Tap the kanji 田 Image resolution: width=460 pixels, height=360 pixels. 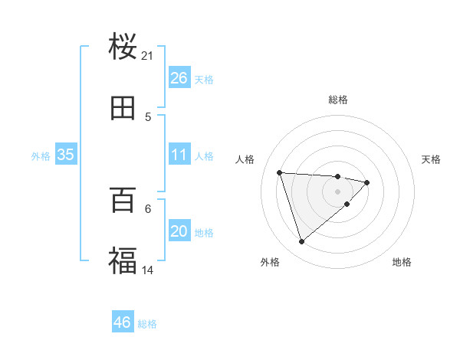pos(123,109)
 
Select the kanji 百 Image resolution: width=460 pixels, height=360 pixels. pos(123,201)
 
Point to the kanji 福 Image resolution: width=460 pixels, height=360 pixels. pos(123,261)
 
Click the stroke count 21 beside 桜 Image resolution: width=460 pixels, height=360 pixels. pos(148,56)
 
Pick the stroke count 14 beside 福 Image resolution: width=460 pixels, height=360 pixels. pos(148,270)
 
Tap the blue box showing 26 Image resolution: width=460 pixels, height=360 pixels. pos(179,78)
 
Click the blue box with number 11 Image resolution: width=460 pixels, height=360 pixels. pos(179,155)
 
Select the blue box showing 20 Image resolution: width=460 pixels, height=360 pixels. pos(179,231)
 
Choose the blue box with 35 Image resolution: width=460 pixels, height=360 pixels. pos(65,155)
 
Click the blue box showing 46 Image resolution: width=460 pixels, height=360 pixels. pos(122,322)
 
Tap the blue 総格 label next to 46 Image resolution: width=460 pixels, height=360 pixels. pos(147,324)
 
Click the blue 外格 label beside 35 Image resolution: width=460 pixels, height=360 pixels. pos(41,156)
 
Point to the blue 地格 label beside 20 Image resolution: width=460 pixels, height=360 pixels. pos(204,233)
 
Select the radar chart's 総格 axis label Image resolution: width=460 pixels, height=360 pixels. pos(338,100)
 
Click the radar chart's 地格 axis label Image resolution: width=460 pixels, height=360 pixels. pos(402,263)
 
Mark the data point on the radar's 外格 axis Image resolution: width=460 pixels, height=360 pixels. pos(301,242)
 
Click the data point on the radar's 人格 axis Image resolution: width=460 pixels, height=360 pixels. pos(280,172)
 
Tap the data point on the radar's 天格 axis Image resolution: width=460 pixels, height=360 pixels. pos(367,182)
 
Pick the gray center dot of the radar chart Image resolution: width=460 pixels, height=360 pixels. pos(337,191)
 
